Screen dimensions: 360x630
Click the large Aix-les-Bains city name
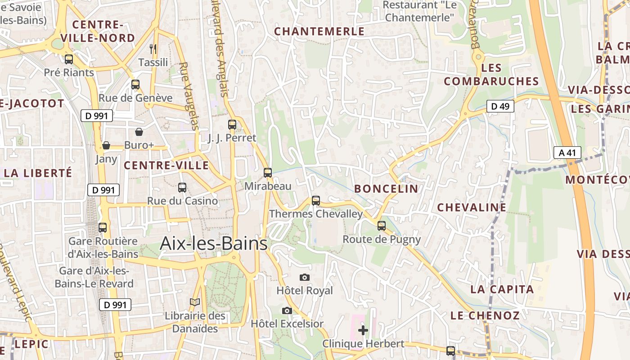coord(214,243)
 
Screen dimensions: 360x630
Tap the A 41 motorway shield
coord(567,153)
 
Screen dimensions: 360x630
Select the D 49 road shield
coord(500,106)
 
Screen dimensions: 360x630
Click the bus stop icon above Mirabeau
coord(268,172)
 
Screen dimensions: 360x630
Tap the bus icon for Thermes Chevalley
coord(316,201)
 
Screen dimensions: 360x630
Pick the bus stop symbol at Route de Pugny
coord(382,226)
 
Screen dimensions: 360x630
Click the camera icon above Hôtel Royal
coord(305,277)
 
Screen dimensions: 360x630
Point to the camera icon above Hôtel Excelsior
coord(287,310)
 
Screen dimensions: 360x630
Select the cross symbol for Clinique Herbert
coord(363,330)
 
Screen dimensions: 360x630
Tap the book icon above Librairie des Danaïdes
coord(194,302)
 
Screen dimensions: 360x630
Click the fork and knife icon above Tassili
coord(153,49)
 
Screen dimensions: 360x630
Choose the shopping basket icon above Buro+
coord(139,132)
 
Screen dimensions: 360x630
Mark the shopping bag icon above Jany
coord(106,145)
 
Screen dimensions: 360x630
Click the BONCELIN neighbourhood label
coord(386,189)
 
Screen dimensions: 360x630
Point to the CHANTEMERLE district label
coord(319,31)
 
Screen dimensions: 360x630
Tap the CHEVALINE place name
coord(472,207)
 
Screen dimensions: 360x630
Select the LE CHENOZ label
coord(485,315)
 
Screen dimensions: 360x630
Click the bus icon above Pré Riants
coord(69,59)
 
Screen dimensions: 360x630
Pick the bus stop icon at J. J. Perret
coord(232,125)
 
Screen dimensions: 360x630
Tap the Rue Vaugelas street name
coord(189,96)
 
